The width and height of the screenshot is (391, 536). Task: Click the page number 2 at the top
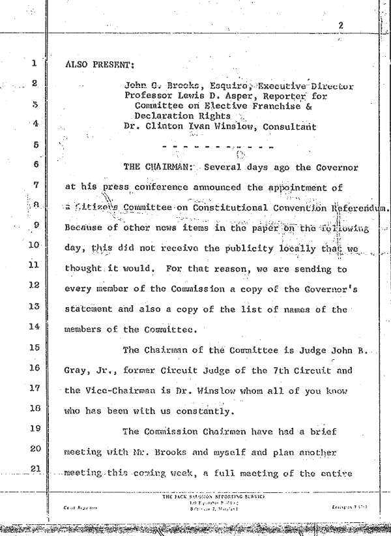[x=341, y=26]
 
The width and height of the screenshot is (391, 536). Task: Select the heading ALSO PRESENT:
[x=100, y=65]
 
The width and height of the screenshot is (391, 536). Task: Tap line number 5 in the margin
[x=35, y=145]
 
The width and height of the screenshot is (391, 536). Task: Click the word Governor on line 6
[x=335, y=167]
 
